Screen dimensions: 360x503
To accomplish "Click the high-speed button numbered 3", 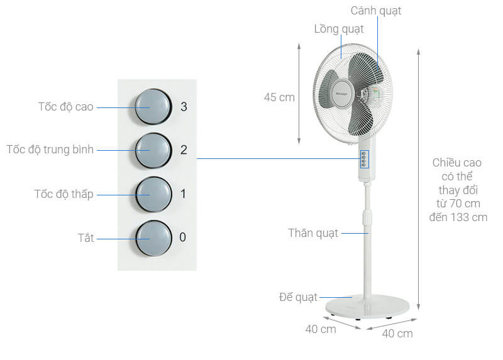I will [x=152, y=106].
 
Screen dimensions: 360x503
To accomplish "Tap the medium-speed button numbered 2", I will [x=152, y=150].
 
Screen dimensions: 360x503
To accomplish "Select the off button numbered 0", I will [x=152, y=238].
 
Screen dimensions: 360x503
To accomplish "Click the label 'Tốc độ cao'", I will [x=65, y=107].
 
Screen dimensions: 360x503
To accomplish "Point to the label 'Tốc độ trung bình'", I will [x=50, y=150].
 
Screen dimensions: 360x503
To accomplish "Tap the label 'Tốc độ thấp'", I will [x=64, y=194].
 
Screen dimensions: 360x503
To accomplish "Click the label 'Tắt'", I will [x=86, y=238].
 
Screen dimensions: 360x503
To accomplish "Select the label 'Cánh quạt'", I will [x=376, y=11].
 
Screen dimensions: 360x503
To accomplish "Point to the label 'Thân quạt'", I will [x=313, y=233].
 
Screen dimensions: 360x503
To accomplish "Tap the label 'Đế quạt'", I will [x=299, y=297].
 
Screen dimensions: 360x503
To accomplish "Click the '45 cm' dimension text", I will [x=279, y=97].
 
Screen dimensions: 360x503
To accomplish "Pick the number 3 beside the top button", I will [x=183, y=107].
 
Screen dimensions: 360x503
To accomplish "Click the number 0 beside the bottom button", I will [x=183, y=237].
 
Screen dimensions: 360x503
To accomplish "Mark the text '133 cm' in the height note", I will [x=470, y=217].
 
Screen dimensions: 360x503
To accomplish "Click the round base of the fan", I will [x=367, y=303].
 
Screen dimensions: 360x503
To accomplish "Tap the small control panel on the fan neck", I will [x=363, y=160].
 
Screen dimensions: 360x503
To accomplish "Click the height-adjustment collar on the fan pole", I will [x=365, y=217].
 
